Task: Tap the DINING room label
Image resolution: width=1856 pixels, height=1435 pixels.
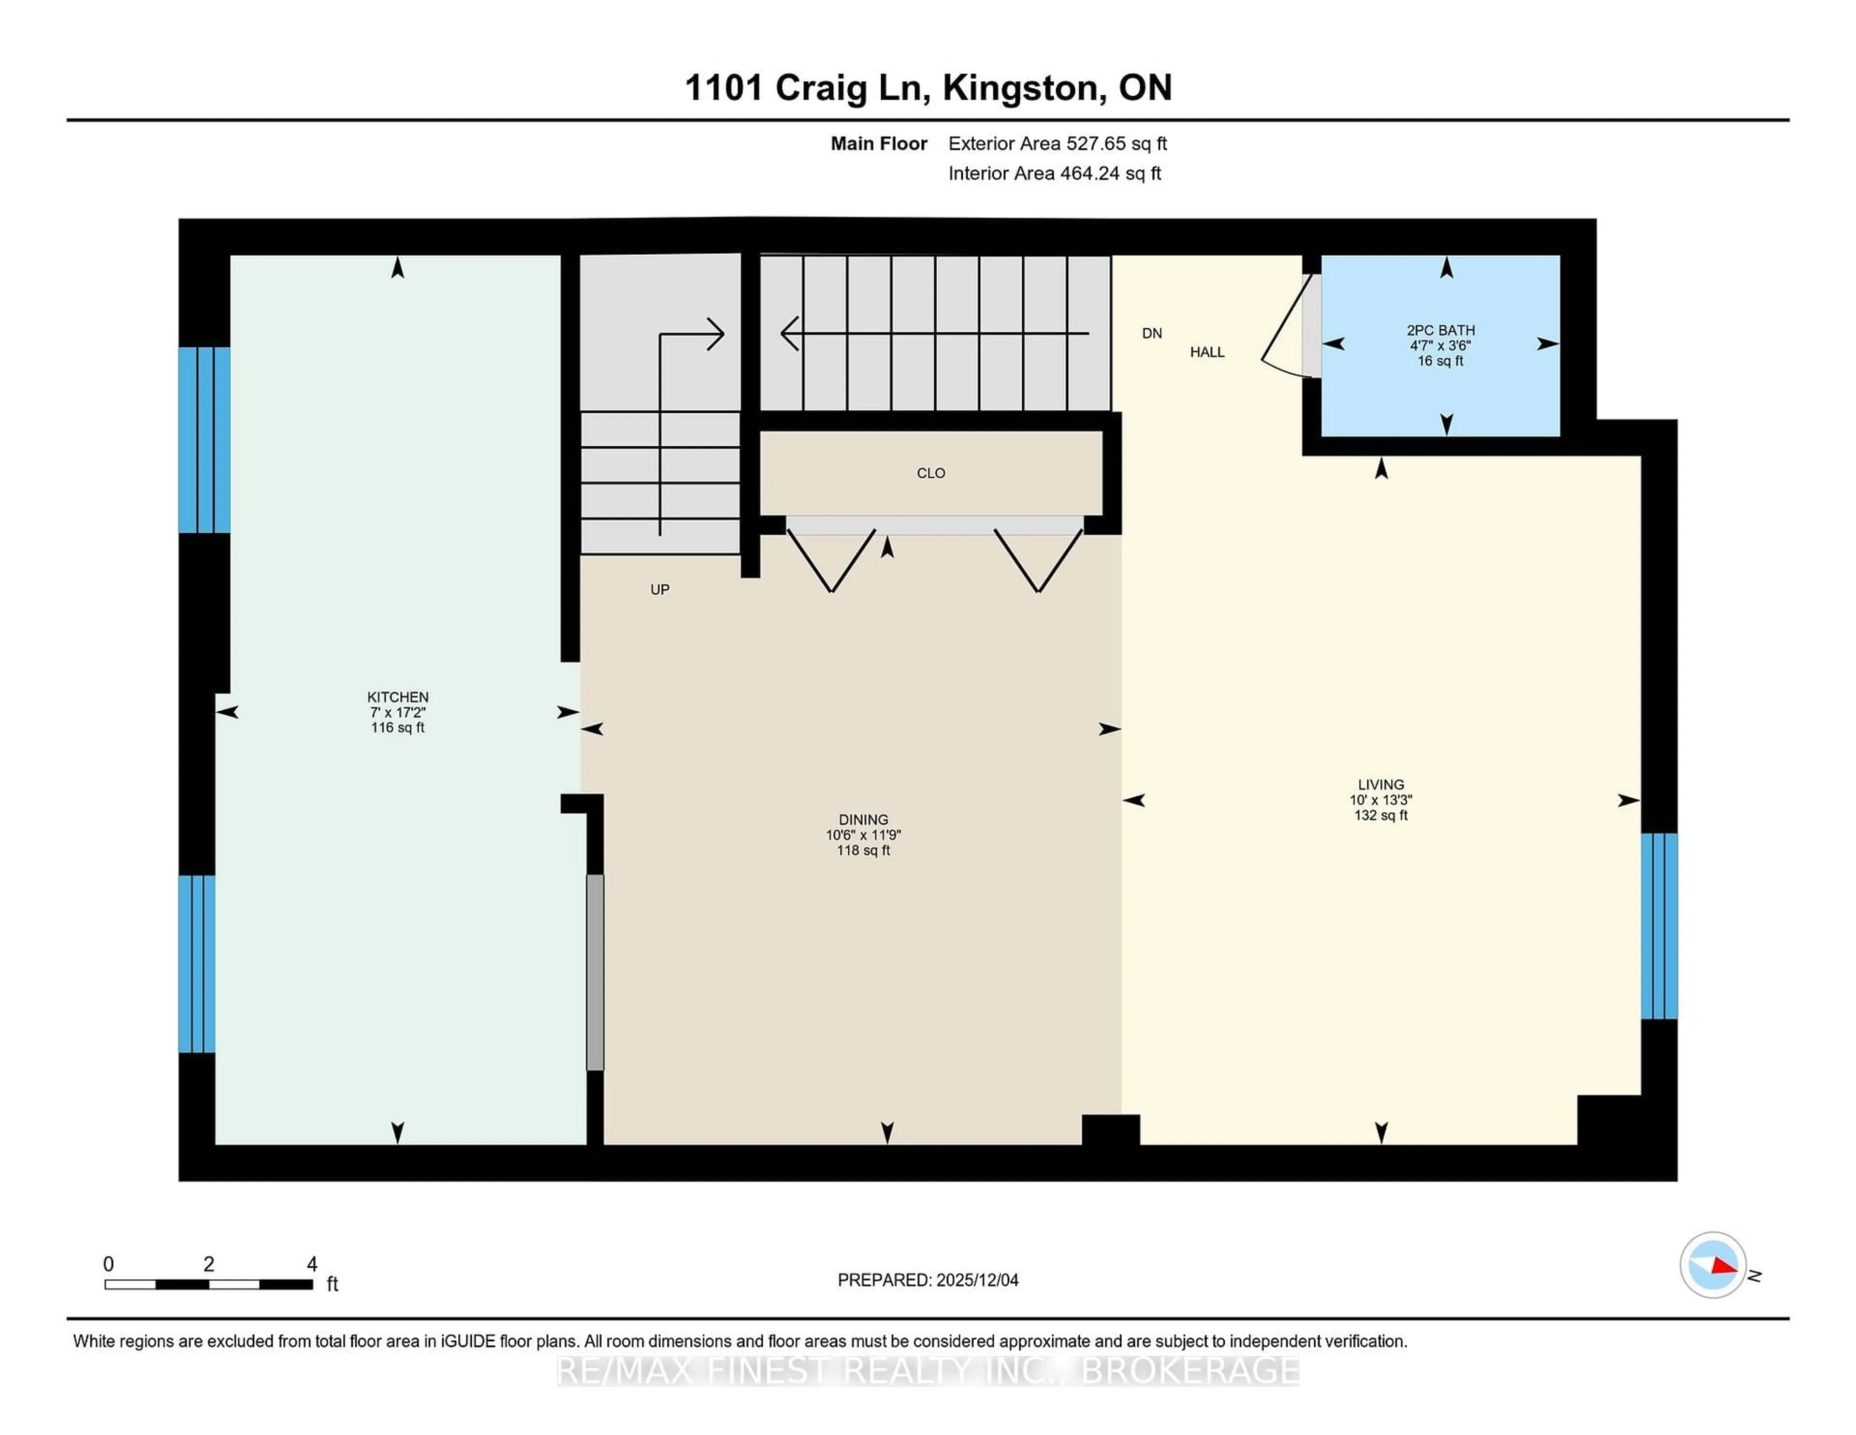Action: [x=863, y=820]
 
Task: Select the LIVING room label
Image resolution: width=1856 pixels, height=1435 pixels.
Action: [x=1380, y=785]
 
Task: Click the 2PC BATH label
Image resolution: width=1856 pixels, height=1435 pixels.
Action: [x=1440, y=330]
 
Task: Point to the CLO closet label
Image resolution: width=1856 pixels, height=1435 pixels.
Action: [x=930, y=473]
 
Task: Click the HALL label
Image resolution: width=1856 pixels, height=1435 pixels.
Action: [x=1207, y=352]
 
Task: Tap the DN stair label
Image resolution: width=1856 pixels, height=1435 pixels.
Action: [x=1151, y=333]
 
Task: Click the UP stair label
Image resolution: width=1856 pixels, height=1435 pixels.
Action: [x=659, y=589]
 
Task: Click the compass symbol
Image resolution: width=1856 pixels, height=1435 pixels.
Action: [x=1712, y=1265]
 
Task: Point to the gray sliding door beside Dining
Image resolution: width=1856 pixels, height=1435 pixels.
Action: [x=595, y=972]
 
